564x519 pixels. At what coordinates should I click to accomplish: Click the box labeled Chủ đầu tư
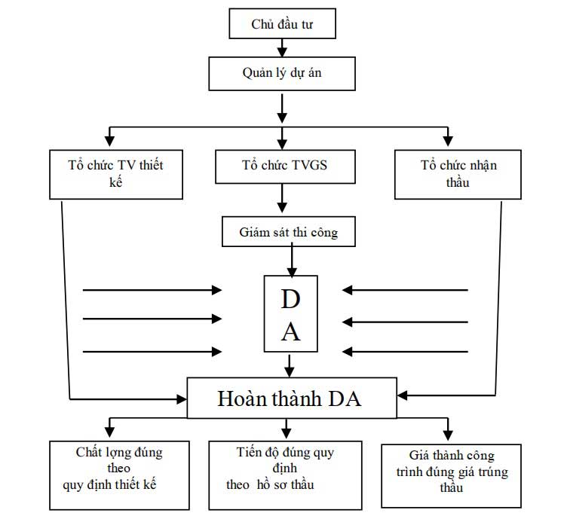[x=281, y=25]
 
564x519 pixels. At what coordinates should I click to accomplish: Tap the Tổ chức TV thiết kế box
[x=116, y=174]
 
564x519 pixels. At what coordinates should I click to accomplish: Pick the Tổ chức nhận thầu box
[x=458, y=174]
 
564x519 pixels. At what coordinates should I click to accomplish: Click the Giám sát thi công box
[x=290, y=232]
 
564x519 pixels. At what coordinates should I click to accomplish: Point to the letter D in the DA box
[x=290, y=299]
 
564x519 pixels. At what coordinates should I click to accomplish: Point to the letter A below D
[x=290, y=332]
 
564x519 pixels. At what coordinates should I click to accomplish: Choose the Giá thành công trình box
[x=448, y=475]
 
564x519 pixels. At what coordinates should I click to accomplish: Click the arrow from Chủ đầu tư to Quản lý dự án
[x=281, y=48]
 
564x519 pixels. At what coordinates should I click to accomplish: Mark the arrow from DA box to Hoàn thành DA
[x=290, y=366]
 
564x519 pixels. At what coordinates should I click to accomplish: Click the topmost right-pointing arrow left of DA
[x=151, y=289]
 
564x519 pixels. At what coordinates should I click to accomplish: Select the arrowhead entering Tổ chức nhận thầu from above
[x=448, y=139]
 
